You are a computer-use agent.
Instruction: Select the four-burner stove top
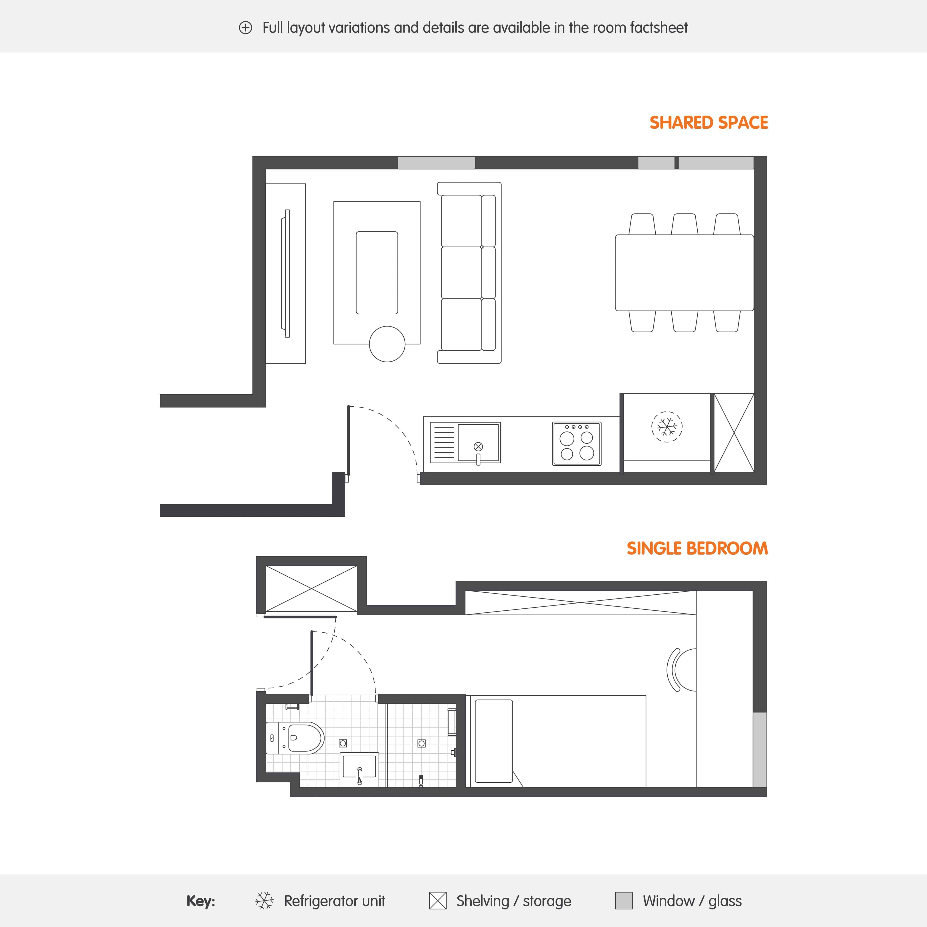coord(577,444)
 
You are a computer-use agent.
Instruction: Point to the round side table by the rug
coord(387,344)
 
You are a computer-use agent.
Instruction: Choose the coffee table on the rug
coord(377,273)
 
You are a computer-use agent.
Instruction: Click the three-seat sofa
coord(469,273)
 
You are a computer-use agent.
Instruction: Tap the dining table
coord(684,273)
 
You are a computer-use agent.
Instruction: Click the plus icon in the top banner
coord(245,28)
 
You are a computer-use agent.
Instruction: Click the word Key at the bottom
coord(201,901)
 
